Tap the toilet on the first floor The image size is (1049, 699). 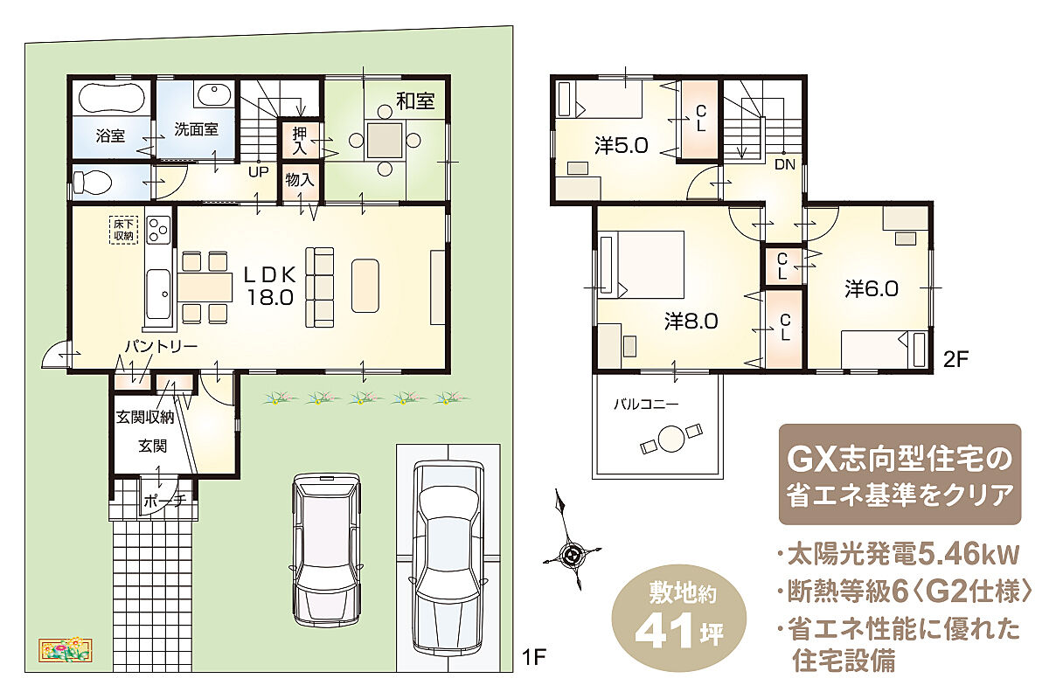pyautogui.click(x=93, y=181)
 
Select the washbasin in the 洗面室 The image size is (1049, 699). pyautogui.click(x=214, y=96)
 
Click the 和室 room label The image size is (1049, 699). pyautogui.click(x=415, y=100)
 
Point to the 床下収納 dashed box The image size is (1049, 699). pyautogui.click(x=123, y=230)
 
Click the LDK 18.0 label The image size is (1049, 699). pyautogui.click(x=270, y=286)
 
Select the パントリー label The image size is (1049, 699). pyautogui.click(x=161, y=347)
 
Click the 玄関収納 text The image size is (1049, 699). pyautogui.click(x=145, y=417)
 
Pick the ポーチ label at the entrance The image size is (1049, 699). pyautogui.click(x=165, y=502)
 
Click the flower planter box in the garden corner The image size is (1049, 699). pyautogui.click(x=66, y=650)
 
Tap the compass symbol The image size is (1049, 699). pyautogui.click(x=572, y=556)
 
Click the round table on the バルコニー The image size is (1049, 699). pyautogui.click(x=671, y=439)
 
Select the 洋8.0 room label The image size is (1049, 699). pyautogui.click(x=691, y=322)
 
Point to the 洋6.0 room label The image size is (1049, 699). pyautogui.click(x=872, y=289)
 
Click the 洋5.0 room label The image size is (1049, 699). pyautogui.click(x=622, y=145)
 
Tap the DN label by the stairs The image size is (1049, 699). pyautogui.click(x=785, y=164)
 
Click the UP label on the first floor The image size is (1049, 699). pyautogui.click(x=259, y=172)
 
